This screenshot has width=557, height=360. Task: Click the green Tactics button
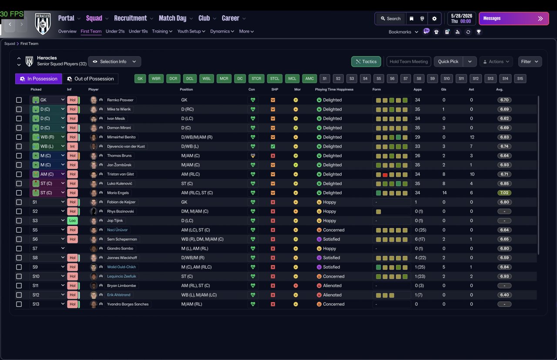(366, 61)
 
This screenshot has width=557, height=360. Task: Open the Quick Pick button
(448, 61)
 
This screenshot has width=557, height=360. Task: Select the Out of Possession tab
(90, 79)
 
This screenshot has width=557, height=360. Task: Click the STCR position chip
(256, 79)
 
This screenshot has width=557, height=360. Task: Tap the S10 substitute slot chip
(446, 79)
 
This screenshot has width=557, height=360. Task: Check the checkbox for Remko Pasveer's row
(19, 100)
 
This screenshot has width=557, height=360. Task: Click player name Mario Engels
(118, 193)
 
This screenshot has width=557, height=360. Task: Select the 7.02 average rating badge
(504, 193)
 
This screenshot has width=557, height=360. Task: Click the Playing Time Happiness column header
(334, 89)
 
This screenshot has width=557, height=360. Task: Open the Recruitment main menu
(131, 18)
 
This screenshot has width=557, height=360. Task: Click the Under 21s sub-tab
(115, 31)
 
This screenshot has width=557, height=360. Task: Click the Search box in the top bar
(391, 19)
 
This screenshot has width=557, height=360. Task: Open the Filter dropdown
(530, 61)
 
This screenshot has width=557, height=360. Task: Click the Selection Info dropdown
(114, 61)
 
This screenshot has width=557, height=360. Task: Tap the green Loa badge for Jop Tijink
(72, 221)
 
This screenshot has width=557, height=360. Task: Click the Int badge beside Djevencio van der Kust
(72, 146)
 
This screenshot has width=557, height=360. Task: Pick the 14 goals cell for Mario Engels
(444, 193)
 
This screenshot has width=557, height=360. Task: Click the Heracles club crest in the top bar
(43, 24)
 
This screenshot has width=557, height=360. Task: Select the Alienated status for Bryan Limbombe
(332, 286)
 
